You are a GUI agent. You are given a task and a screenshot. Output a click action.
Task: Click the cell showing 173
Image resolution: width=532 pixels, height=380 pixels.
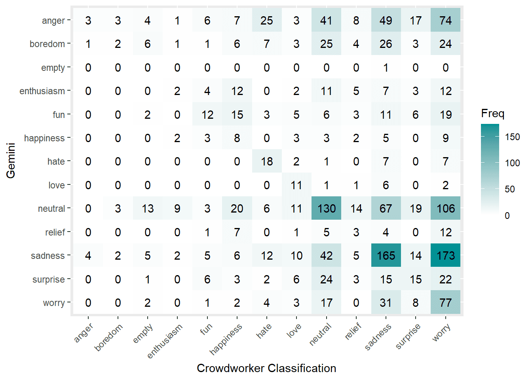[445, 256]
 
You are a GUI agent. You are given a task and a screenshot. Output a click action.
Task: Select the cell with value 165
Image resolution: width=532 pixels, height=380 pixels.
[386, 256]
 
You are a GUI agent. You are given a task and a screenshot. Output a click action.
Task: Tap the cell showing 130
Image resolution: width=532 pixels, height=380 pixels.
[326, 209]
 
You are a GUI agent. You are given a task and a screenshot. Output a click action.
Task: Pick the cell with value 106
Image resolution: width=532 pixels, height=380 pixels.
[445, 209]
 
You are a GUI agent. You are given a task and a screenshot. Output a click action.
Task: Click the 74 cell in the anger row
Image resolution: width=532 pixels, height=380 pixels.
[445, 21]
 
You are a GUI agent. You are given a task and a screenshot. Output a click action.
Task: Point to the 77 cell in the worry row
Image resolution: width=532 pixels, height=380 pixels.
[445, 303]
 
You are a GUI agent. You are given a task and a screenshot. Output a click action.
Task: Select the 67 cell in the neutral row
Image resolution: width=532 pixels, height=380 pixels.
[386, 209]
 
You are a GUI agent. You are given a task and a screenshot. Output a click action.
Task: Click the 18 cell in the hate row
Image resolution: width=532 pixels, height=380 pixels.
[267, 161]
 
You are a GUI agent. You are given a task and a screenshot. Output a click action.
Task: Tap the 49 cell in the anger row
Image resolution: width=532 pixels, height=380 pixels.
[386, 21]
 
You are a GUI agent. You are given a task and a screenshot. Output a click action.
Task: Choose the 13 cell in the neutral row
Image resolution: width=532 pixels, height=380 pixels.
[148, 209]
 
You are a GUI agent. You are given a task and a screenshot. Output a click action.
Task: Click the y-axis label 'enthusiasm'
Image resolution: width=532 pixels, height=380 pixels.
[42, 91]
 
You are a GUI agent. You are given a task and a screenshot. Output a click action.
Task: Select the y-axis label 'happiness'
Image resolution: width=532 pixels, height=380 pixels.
[44, 138]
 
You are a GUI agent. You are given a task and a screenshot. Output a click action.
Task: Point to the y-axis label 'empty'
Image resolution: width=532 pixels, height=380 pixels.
[53, 68]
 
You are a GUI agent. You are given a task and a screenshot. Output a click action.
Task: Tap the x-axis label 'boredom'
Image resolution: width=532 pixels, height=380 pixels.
[109, 337]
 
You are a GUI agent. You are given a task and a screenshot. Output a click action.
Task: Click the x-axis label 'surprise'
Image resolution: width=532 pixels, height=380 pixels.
[408, 336]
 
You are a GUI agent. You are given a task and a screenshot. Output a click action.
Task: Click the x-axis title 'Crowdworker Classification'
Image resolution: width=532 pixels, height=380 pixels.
[266, 368]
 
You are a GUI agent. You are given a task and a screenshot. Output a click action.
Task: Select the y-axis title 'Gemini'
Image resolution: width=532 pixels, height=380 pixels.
[11, 161]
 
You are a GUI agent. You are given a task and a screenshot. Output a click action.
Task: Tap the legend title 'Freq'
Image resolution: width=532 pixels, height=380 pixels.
[492, 114]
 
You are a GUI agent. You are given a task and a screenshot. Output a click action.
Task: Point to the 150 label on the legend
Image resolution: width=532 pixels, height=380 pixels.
[512, 137]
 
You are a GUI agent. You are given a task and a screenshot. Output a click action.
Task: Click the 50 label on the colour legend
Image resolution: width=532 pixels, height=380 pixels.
[510, 189]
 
